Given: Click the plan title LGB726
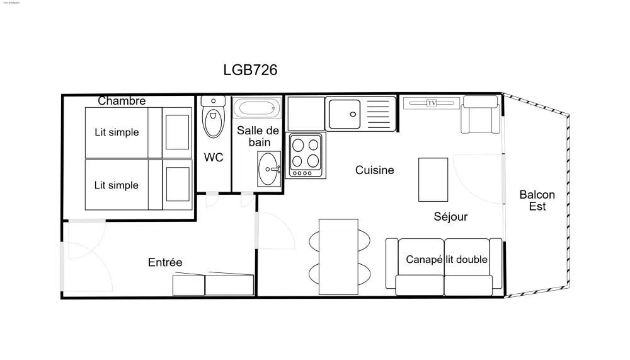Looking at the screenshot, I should (x=250, y=70).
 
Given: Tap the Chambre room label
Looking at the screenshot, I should (x=122, y=101).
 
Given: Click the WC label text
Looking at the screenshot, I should (x=214, y=158).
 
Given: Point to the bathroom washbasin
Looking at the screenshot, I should (x=270, y=169).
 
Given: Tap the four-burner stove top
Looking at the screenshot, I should (x=306, y=154).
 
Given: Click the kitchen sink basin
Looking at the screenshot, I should (x=344, y=113).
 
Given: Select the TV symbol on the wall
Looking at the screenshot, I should (x=432, y=103).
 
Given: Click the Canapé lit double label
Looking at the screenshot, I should (x=446, y=260).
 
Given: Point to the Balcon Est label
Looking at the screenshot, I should (x=537, y=200).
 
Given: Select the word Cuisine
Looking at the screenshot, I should (x=374, y=170).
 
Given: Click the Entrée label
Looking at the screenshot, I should (x=165, y=262).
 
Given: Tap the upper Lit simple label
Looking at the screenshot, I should (x=117, y=132).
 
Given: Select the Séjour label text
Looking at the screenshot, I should (x=450, y=217).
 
